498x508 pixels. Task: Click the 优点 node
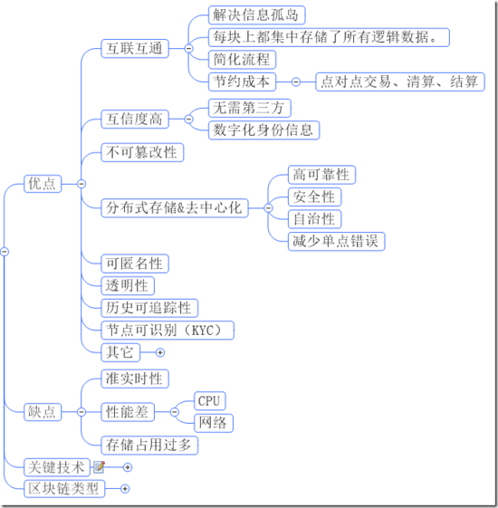click(43, 184)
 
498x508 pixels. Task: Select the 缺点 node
click(43, 412)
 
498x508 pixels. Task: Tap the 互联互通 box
click(135, 49)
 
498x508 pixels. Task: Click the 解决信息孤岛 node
click(256, 14)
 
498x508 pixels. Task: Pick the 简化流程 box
click(242, 59)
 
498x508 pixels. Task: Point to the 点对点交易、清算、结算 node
click(400, 81)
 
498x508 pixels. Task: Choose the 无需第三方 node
click(250, 108)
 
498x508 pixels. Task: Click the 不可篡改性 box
click(142, 152)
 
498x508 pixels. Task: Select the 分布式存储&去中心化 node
click(175, 208)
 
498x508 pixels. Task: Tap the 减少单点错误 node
click(336, 242)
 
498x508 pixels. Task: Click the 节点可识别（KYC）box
click(168, 331)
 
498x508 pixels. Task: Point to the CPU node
click(210, 401)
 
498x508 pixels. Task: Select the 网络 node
click(214, 423)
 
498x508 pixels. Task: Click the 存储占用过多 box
click(149, 446)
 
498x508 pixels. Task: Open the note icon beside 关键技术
click(99, 467)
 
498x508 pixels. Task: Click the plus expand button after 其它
click(160, 352)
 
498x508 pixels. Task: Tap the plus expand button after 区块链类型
click(125, 489)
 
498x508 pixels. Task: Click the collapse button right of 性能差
click(175, 412)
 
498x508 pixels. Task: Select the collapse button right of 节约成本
click(296, 81)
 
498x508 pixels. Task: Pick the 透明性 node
click(128, 286)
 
